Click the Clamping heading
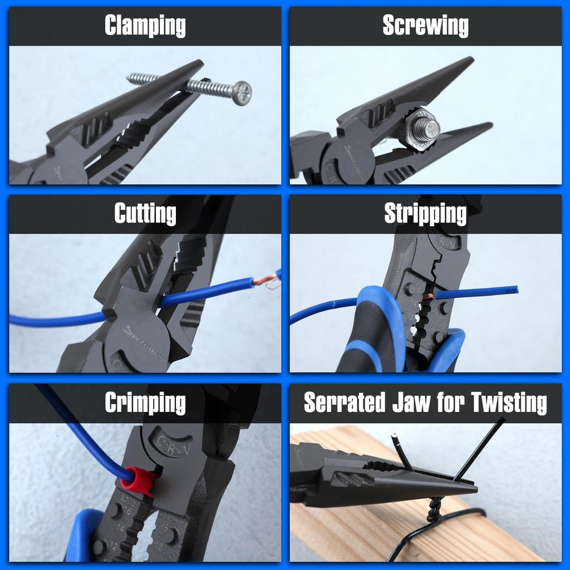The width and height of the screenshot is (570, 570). click(145, 26)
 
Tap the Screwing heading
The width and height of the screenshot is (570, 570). click(425, 26)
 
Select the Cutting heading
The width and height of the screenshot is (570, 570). click(145, 214)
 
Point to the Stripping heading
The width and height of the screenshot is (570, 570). click(425, 214)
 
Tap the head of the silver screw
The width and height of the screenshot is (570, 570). click(242, 93)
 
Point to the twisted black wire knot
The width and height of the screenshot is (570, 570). click(435, 509)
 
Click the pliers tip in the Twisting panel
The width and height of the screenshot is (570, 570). click(473, 489)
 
